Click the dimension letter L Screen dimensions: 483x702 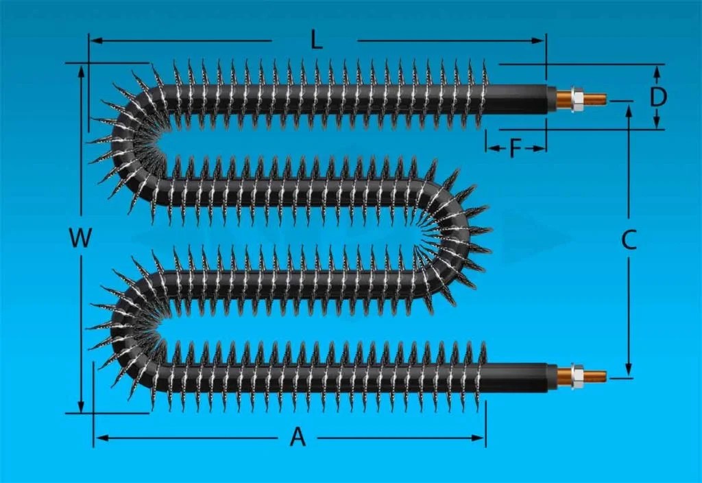(x=315, y=40)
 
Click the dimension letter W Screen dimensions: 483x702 (x=80, y=239)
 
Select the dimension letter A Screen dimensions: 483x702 (x=297, y=437)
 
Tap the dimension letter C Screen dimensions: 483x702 (x=629, y=239)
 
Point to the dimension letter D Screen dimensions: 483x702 (x=658, y=97)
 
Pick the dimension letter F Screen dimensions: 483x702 (x=516, y=148)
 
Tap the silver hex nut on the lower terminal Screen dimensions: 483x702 (x=576, y=376)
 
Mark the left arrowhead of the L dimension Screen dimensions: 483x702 (x=95, y=40)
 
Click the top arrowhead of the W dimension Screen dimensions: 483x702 (x=82, y=69)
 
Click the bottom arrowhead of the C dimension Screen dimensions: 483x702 (x=629, y=373)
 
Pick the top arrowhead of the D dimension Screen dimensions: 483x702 (x=657, y=69)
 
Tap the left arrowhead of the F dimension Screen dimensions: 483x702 (x=490, y=148)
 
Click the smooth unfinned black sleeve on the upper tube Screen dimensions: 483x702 (x=518, y=99)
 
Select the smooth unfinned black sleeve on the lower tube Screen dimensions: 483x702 (x=518, y=377)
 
